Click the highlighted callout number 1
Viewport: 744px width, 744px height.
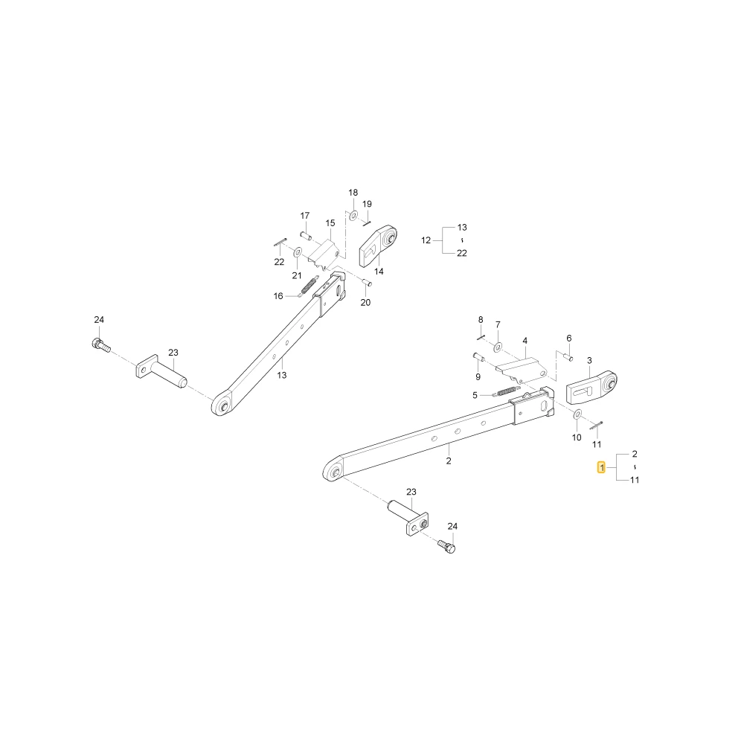602,468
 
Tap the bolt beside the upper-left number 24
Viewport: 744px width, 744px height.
100,344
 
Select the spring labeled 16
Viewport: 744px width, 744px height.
308,287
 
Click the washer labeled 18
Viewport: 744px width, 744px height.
353,216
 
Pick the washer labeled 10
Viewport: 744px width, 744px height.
577,414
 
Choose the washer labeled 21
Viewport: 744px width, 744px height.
298,251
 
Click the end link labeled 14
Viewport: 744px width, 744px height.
378,246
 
